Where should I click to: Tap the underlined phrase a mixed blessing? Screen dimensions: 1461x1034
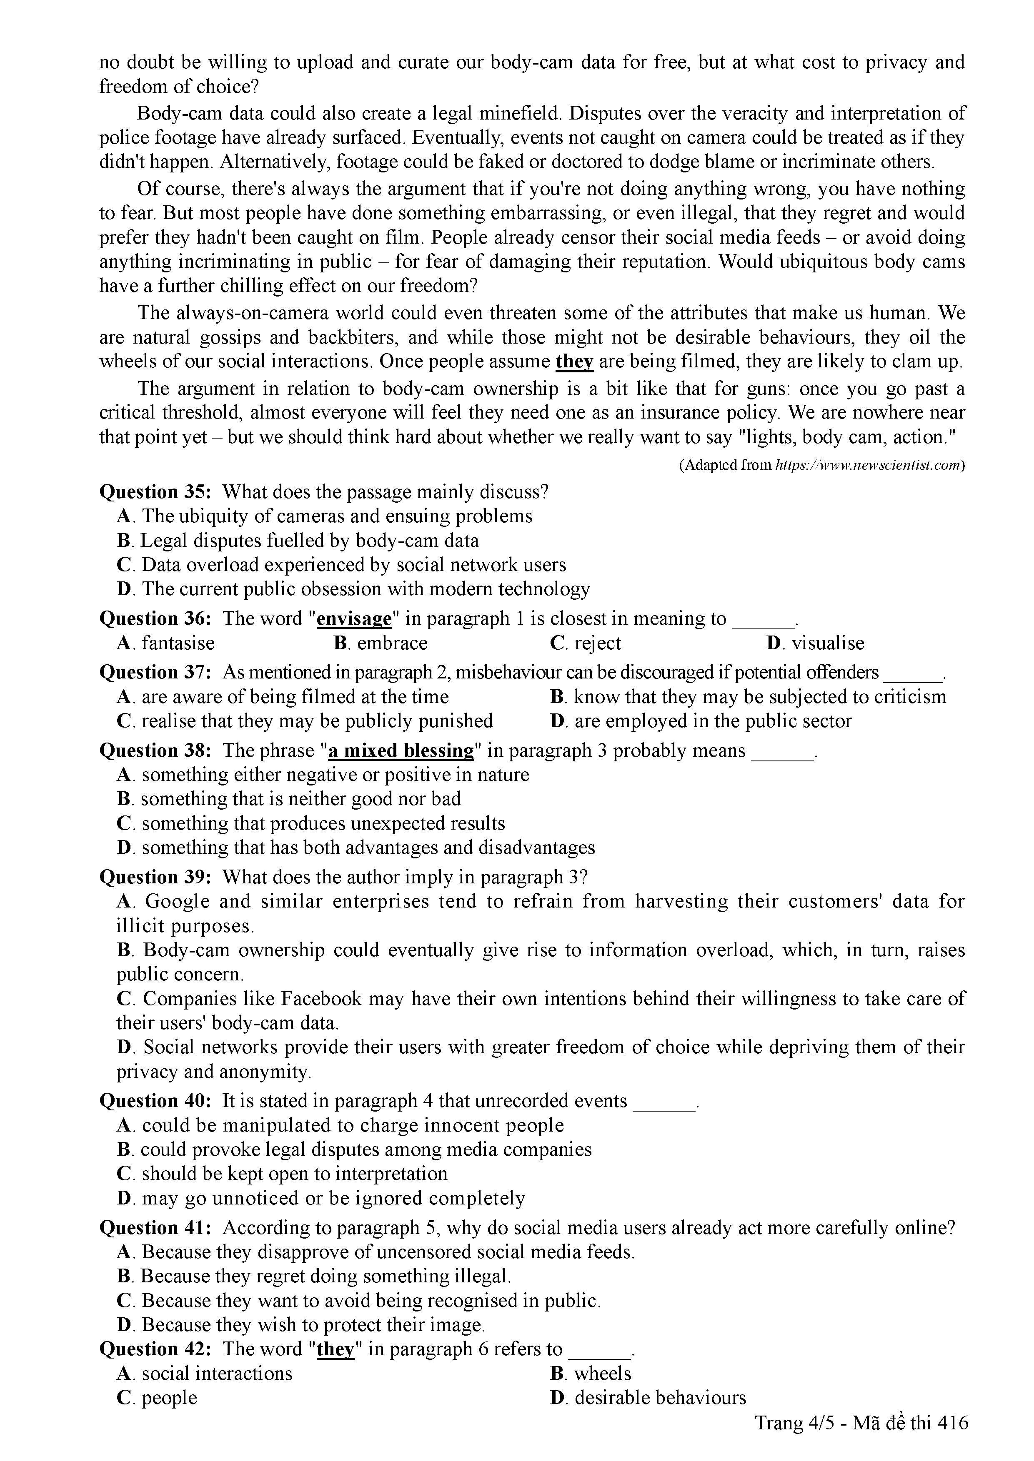(x=401, y=751)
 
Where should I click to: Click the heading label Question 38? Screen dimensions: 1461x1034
(x=157, y=751)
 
